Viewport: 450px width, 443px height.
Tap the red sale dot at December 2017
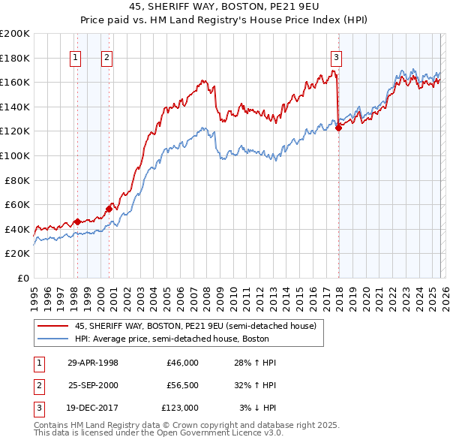(338, 128)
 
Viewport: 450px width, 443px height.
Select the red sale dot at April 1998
(77, 221)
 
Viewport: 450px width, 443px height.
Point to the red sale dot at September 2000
(109, 209)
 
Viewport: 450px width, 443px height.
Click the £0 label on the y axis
(22, 278)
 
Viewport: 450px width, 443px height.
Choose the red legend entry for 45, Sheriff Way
(195, 326)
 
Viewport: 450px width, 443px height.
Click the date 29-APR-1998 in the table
(93, 363)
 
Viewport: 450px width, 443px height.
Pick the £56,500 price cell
(181, 385)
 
